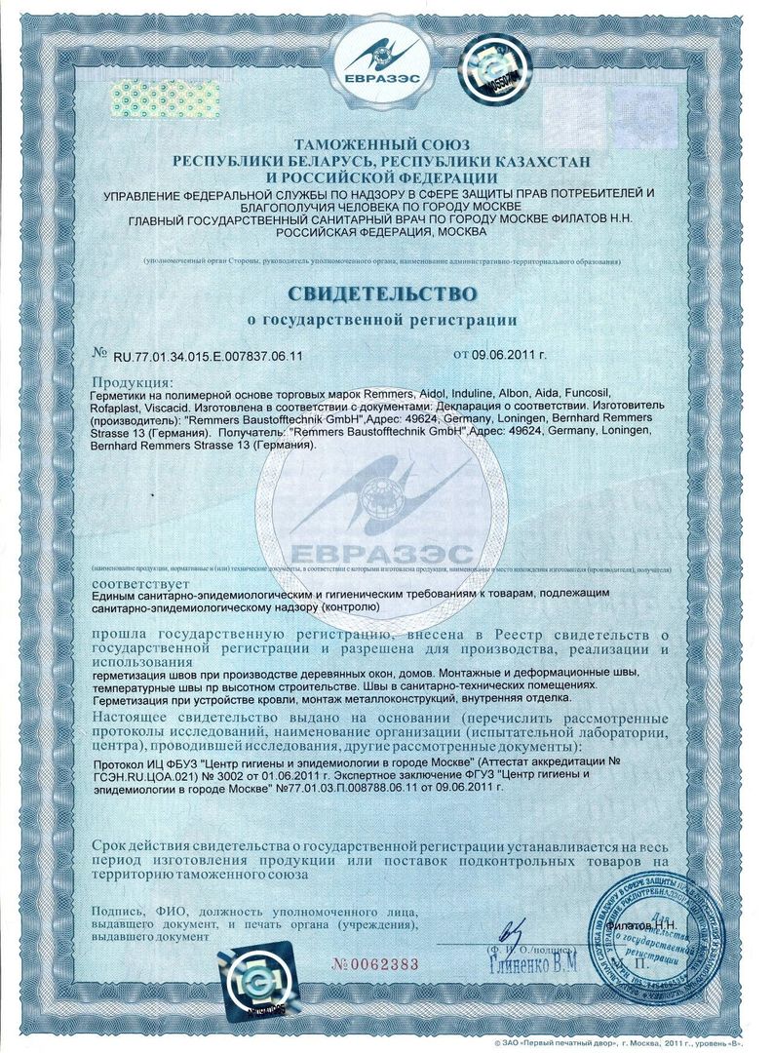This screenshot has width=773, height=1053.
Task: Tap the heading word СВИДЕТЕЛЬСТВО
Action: pyautogui.click(x=381, y=292)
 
